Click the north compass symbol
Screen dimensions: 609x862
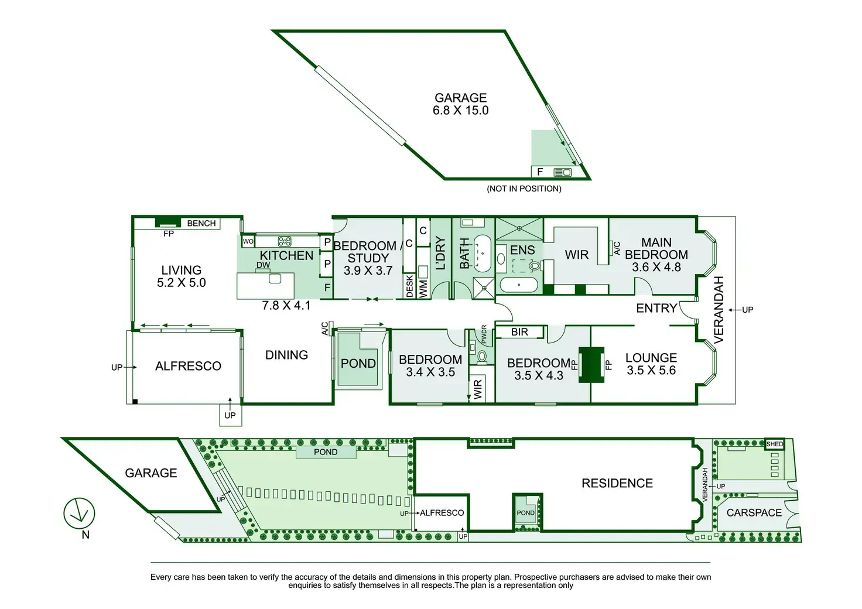tap(79, 514)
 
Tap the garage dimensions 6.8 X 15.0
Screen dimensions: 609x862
tap(460, 111)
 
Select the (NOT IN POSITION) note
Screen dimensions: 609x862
tap(524, 189)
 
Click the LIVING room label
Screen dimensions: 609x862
tap(181, 270)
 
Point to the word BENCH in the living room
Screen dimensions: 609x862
tap(201, 223)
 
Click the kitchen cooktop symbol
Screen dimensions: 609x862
tap(285, 241)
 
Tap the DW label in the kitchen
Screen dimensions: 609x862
tap(263, 265)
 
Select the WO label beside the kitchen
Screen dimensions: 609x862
tap(248, 241)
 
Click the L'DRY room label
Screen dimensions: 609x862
tap(441, 254)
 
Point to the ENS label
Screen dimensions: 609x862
tap(522, 250)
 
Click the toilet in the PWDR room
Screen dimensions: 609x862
tap(482, 355)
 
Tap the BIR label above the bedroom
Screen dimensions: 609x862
tap(519, 332)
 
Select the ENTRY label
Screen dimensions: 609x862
tap(656, 308)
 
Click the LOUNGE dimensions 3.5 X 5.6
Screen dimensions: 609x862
tap(651, 370)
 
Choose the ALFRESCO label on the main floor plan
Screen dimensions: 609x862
tap(188, 366)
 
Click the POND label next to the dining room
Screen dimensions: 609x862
tap(358, 363)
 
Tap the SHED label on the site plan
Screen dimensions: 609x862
tap(774, 444)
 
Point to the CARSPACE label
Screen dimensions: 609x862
tap(754, 512)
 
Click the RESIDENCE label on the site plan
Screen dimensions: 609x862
tap(617, 483)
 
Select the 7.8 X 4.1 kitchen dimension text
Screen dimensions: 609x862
tap(286, 305)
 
